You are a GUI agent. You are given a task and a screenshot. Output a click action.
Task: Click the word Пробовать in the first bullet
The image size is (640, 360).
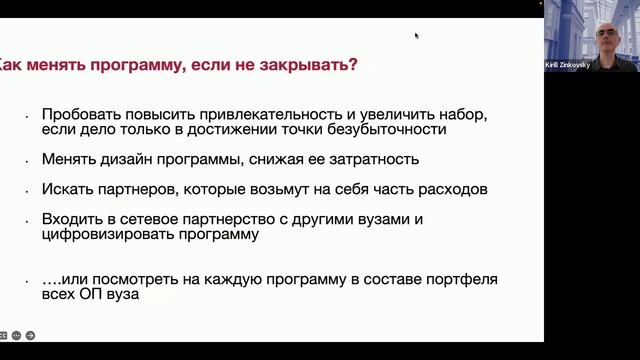click(79, 114)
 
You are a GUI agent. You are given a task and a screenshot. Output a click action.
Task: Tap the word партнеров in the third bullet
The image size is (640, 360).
click(133, 188)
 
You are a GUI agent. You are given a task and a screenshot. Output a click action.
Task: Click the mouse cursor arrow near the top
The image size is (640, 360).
click(416, 35)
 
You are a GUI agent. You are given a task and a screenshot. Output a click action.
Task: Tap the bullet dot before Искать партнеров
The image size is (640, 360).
click(28, 190)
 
